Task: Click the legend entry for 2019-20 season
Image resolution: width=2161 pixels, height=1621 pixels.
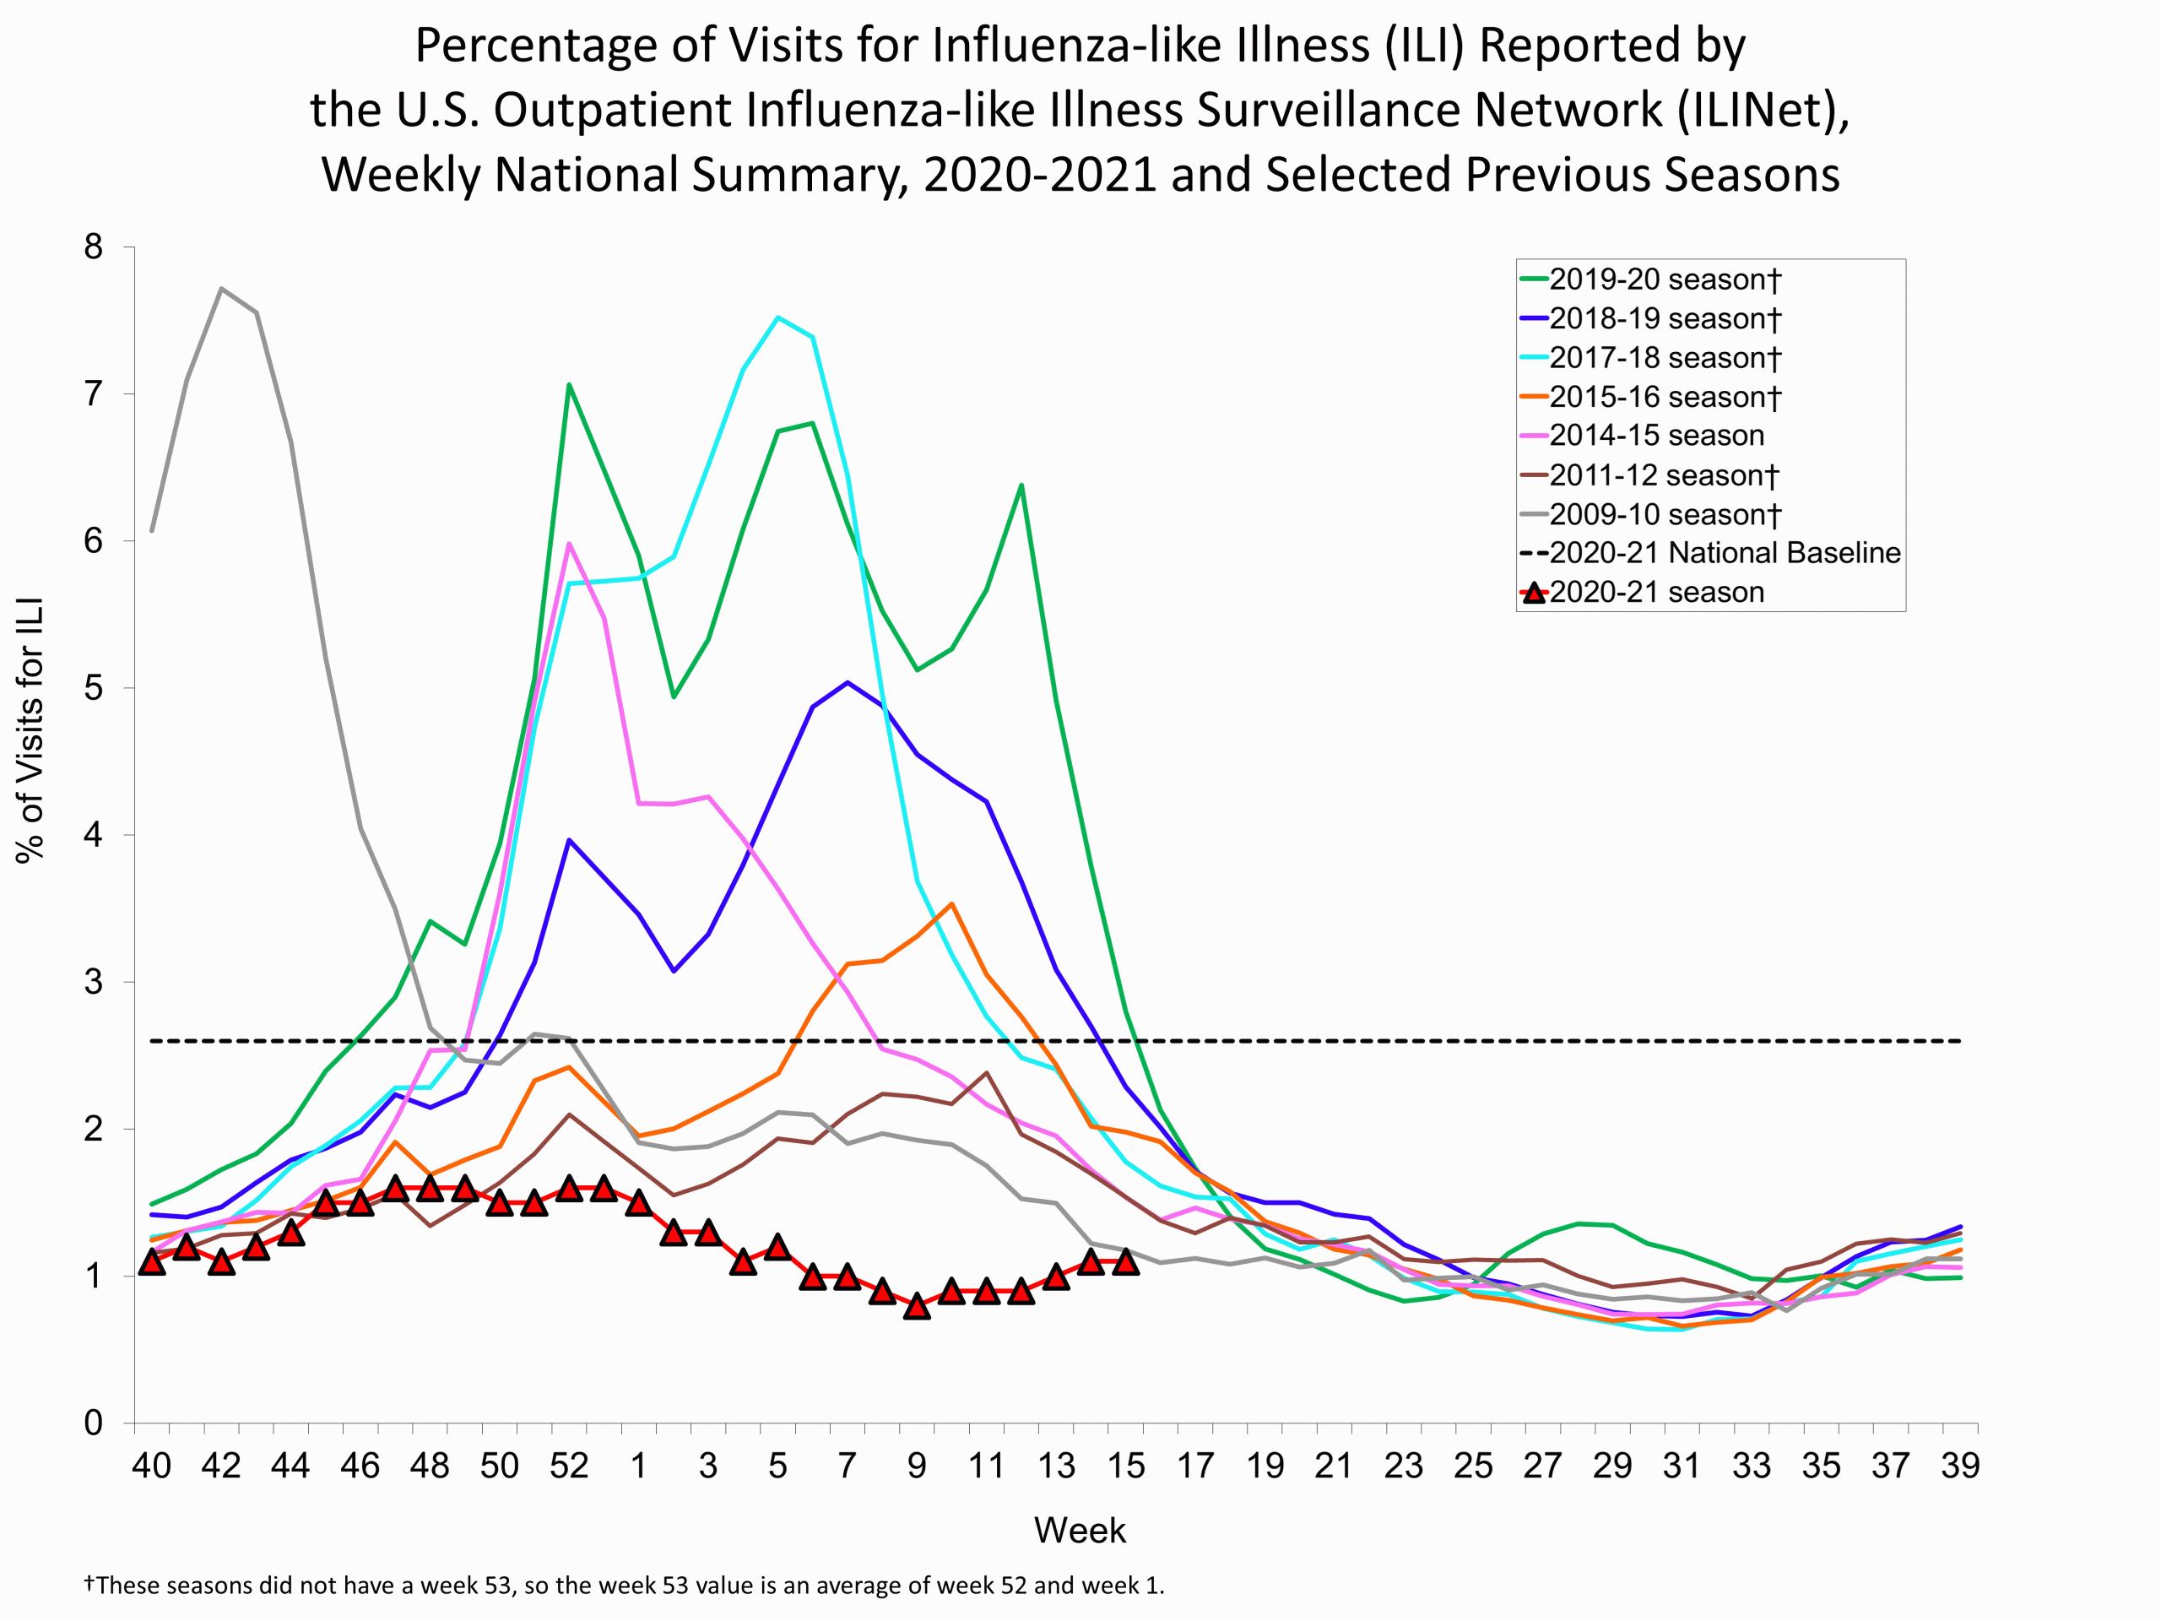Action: click(x=1664, y=279)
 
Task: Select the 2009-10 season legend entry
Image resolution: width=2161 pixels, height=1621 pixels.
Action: click(x=1664, y=514)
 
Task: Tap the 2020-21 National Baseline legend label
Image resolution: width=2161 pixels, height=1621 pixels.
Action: click(x=1725, y=553)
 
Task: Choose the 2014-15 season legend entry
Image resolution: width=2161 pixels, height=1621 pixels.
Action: click(x=1656, y=436)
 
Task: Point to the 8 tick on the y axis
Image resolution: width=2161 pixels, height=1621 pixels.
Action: click(x=94, y=247)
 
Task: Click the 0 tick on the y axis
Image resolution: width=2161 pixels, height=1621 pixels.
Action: click(x=94, y=1423)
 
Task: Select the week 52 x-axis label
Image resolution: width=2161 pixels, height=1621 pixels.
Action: click(x=569, y=1466)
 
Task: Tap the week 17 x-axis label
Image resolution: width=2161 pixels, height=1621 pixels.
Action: click(x=1194, y=1466)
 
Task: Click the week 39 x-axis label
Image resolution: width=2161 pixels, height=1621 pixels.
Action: click(x=1960, y=1466)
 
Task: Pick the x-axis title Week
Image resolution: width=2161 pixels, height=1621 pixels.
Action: click(x=1080, y=1530)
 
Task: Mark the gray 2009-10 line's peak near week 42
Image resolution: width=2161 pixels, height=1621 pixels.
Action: click(x=222, y=288)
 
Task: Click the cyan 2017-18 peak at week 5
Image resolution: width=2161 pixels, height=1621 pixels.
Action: click(x=777, y=317)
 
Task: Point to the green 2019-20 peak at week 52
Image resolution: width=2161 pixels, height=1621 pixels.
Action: click(x=569, y=384)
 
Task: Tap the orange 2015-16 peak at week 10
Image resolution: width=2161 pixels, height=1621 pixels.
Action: click(x=951, y=904)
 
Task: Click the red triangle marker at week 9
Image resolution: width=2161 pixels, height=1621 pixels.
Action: click(x=917, y=1306)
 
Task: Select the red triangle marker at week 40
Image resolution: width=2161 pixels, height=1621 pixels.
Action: click(x=151, y=1261)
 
